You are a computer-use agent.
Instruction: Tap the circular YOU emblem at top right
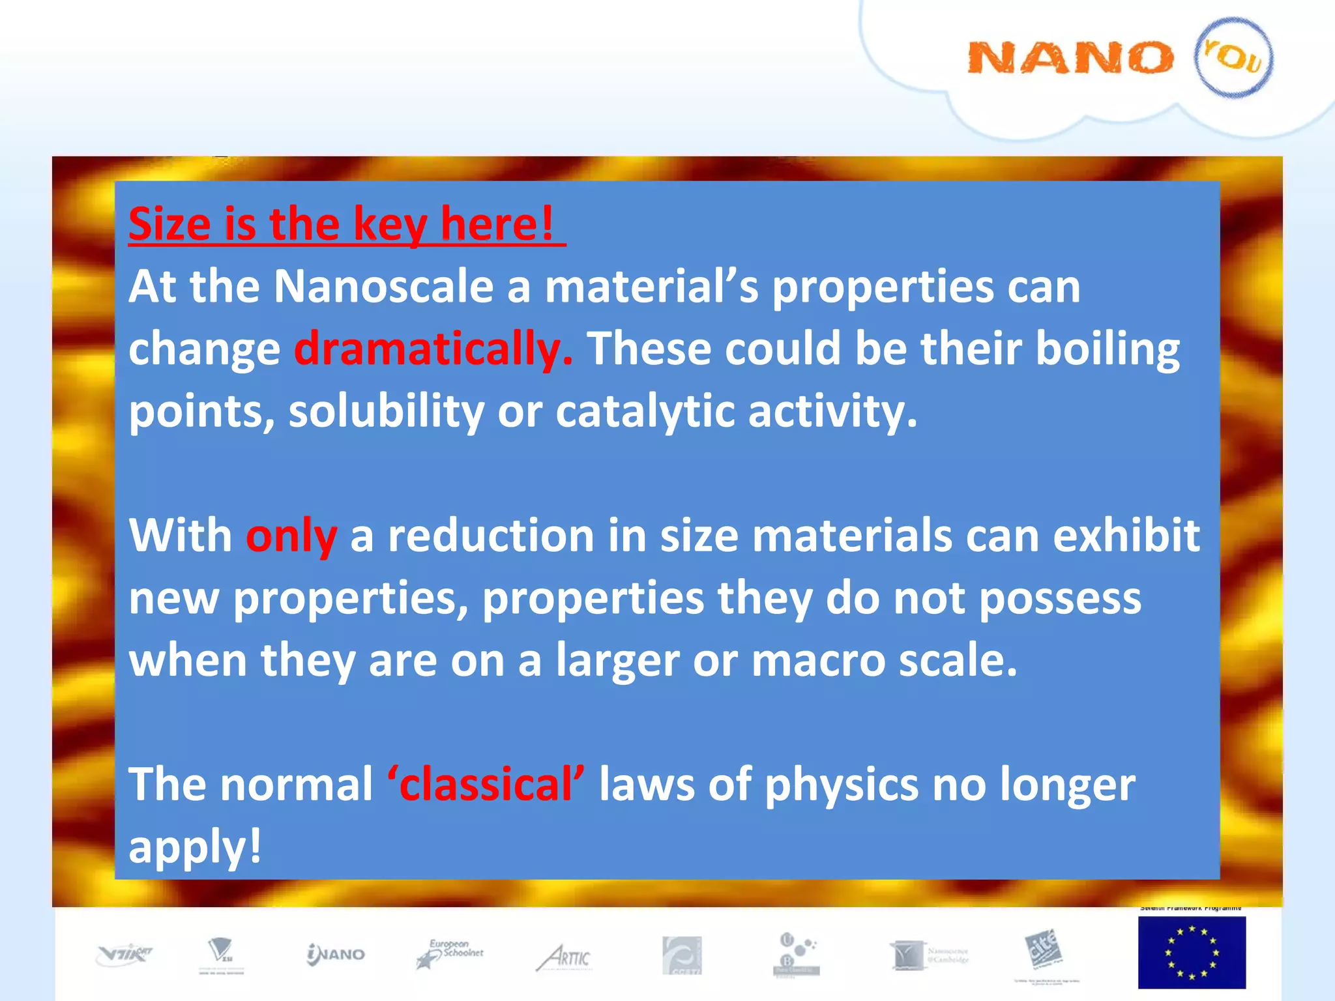click(x=1233, y=57)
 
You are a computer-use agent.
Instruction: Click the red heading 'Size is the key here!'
click(x=346, y=224)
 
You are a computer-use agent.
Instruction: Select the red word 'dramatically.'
click(x=433, y=349)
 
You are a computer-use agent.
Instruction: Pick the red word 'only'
click(x=291, y=536)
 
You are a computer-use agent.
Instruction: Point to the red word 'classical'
click(x=486, y=784)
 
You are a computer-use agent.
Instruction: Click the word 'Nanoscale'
click(x=383, y=286)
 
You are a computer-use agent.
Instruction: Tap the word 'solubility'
click(x=386, y=412)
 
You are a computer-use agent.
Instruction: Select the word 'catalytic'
click(x=645, y=412)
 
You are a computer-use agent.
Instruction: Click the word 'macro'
click(x=818, y=660)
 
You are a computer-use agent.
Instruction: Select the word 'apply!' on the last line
click(x=195, y=847)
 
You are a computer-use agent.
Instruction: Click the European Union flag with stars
click(x=1192, y=952)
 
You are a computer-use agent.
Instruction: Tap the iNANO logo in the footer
click(x=336, y=955)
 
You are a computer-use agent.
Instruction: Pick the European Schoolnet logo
click(x=450, y=953)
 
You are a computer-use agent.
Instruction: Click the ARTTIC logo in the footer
click(x=564, y=957)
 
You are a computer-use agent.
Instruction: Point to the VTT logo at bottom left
click(x=124, y=955)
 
